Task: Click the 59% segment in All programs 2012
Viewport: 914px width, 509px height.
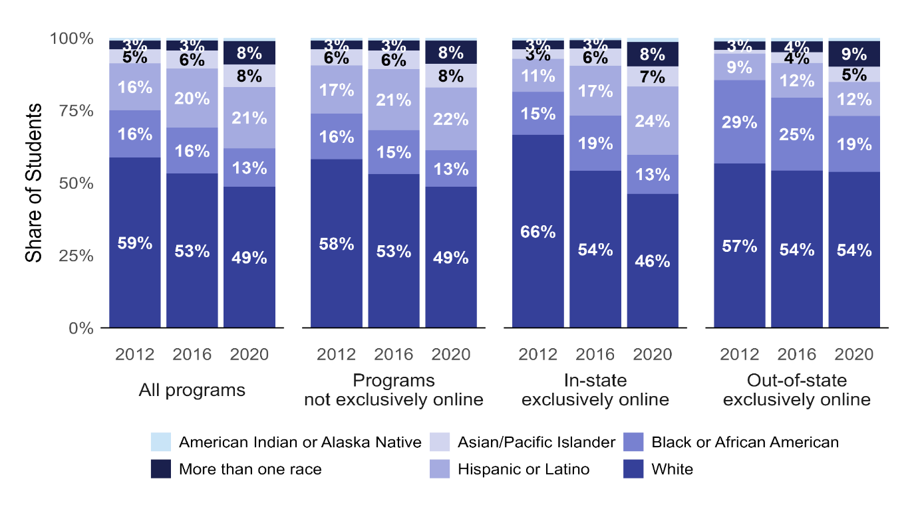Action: click(135, 243)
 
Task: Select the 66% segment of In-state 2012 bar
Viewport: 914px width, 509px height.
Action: click(538, 231)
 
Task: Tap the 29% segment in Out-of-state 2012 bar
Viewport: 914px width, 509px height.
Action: click(740, 122)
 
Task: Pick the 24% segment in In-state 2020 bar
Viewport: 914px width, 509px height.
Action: click(652, 121)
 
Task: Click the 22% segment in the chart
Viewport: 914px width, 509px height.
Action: click(451, 119)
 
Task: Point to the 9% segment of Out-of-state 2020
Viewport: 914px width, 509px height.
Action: click(854, 54)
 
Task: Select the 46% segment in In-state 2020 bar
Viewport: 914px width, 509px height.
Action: click(652, 260)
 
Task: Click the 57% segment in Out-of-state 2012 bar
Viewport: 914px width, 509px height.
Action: click(740, 246)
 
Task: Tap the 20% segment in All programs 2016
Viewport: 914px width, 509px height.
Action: click(192, 98)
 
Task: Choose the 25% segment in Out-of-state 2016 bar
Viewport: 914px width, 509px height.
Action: click(797, 134)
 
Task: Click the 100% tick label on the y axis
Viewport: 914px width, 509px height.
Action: click(72, 39)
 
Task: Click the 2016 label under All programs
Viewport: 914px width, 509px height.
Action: click(192, 354)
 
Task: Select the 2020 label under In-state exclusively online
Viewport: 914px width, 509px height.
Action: click(652, 354)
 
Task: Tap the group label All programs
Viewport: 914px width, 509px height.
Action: click(192, 389)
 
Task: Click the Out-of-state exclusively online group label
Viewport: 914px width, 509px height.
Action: click(797, 390)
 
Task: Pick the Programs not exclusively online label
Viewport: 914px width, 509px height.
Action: click(393, 390)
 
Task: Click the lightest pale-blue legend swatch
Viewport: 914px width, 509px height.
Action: click(160, 442)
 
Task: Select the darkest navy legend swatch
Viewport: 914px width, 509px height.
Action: click(160, 468)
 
